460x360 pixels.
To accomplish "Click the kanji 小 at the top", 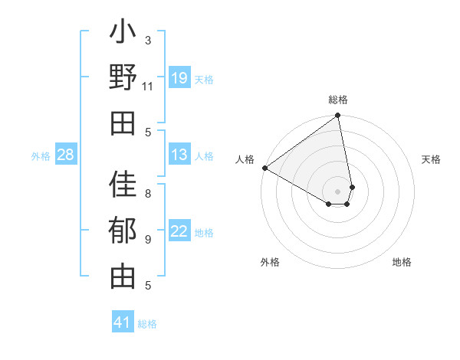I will point(123,34).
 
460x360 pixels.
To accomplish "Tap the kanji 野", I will point(123,78).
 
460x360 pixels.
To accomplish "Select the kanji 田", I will point(123,123).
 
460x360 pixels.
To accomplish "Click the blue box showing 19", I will point(179,78).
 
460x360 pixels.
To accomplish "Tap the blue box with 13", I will point(179,155).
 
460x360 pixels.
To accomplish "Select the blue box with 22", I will point(179,232).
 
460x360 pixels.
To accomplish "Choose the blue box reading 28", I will point(66,155).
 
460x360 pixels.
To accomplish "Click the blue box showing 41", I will point(123,322).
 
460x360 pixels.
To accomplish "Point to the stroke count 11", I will point(148,86).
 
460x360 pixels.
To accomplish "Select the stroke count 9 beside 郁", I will point(148,239).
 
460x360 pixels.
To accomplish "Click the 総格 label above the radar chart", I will point(338,100).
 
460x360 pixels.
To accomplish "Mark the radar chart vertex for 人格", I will point(264,168).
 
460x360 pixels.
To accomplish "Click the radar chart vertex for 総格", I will point(337,116).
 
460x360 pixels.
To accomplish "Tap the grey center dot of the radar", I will point(337,191).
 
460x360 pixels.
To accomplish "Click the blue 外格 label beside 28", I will point(41,156).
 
